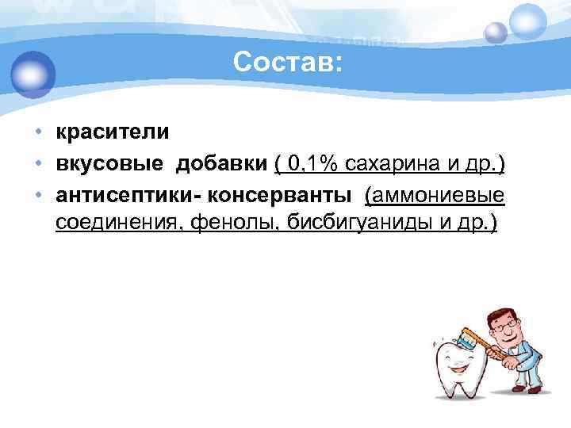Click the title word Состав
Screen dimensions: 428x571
286,63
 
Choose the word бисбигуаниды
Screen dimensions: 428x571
358,224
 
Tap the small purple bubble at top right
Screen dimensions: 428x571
496,32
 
